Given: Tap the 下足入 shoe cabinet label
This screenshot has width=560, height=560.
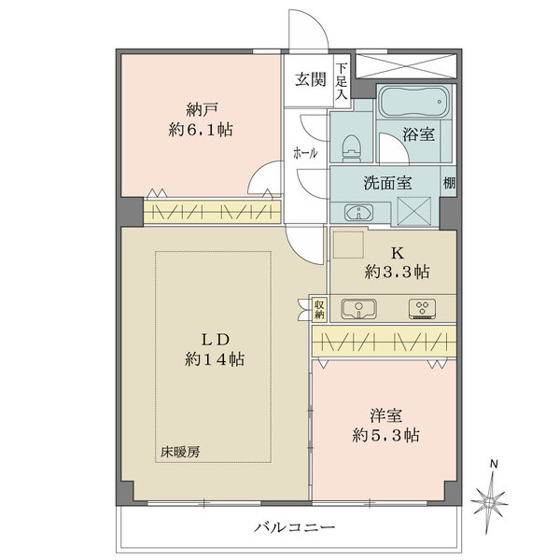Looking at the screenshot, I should point(342,81).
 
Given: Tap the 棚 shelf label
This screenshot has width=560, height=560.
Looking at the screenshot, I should point(449,184).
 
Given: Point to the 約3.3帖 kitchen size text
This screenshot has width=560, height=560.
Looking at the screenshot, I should point(396,273).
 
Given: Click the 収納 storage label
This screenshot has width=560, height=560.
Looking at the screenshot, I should point(319,307).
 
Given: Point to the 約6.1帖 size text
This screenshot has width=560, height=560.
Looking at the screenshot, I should point(199,130).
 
